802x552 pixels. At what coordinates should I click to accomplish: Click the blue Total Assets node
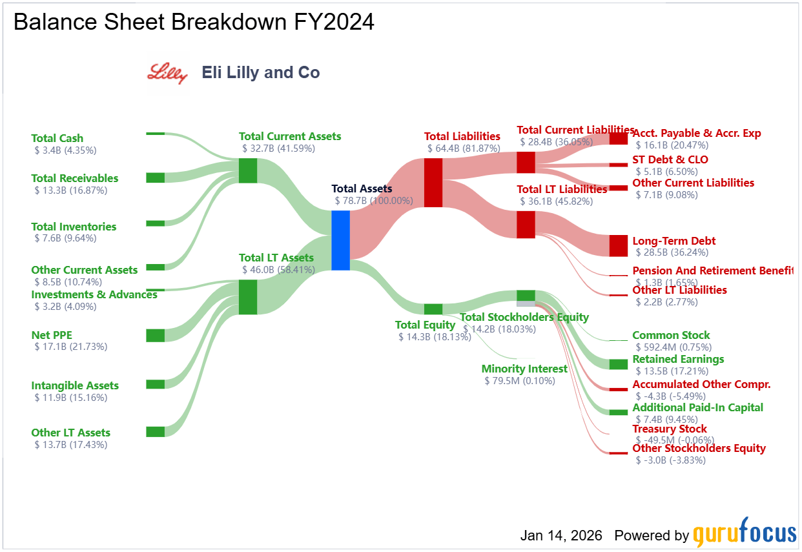(x=340, y=240)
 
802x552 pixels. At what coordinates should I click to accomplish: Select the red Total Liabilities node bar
(x=433, y=183)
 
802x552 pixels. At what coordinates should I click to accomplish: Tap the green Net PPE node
(x=155, y=335)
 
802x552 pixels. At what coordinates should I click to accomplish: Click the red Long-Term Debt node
(x=618, y=245)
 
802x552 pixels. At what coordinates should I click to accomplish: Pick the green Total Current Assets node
(x=248, y=170)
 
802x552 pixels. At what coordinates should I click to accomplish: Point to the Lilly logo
(x=168, y=73)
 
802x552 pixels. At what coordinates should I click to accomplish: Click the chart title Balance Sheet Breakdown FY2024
(x=194, y=22)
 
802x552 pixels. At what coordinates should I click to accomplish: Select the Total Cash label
(x=57, y=138)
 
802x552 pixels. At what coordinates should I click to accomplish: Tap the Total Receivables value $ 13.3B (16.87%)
(x=71, y=190)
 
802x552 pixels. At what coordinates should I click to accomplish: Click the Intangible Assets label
(x=75, y=385)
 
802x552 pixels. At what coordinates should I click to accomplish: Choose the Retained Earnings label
(x=678, y=359)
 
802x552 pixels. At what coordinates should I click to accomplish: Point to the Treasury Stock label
(x=670, y=429)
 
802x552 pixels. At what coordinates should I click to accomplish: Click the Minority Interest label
(x=524, y=369)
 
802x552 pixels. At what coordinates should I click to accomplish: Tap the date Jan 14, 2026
(x=561, y=535)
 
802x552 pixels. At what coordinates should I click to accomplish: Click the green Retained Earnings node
(x=618, y=364)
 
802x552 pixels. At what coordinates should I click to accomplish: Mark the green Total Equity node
(x=433, y=309)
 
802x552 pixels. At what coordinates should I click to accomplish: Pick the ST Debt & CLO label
(x=670, y=159)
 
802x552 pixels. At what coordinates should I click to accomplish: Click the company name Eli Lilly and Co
(x=261, y=72)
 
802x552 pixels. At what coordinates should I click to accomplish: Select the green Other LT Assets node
(x=155, y=432)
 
